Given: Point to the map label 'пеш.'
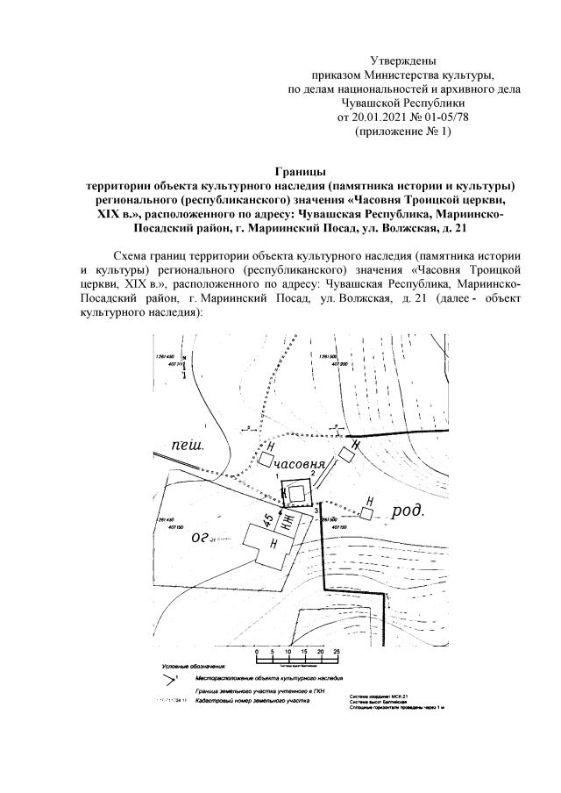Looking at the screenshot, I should click(186, 446).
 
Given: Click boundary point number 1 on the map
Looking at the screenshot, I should click(277, 475).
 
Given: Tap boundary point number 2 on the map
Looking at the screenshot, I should click(313, 474).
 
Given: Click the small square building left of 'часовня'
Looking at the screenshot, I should click(266, 459).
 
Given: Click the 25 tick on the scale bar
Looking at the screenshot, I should click(337, 653).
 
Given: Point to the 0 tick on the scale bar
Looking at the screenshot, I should click(256, 653).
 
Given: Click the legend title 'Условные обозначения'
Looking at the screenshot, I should click(189, 668).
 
